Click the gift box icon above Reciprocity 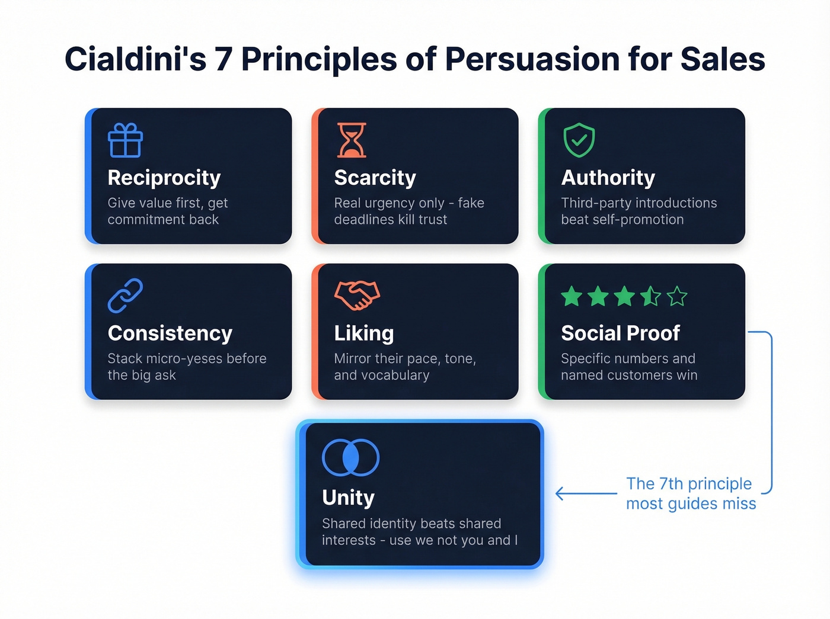coord(125,140)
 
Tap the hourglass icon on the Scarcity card coord(352,140)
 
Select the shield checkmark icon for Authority coord(579,140)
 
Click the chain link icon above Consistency coord(125,296)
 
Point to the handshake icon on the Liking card coord(357,295)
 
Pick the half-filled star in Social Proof coord(650,296)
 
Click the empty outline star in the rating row coord(676,296)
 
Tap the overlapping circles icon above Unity coord(350,458)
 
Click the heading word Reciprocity coord(164,178)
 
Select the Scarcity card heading coord(375,178)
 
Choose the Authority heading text coord(608,178)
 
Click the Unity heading coord(348,498)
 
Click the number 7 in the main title coord(222,59)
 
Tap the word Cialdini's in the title coord(135,59)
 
